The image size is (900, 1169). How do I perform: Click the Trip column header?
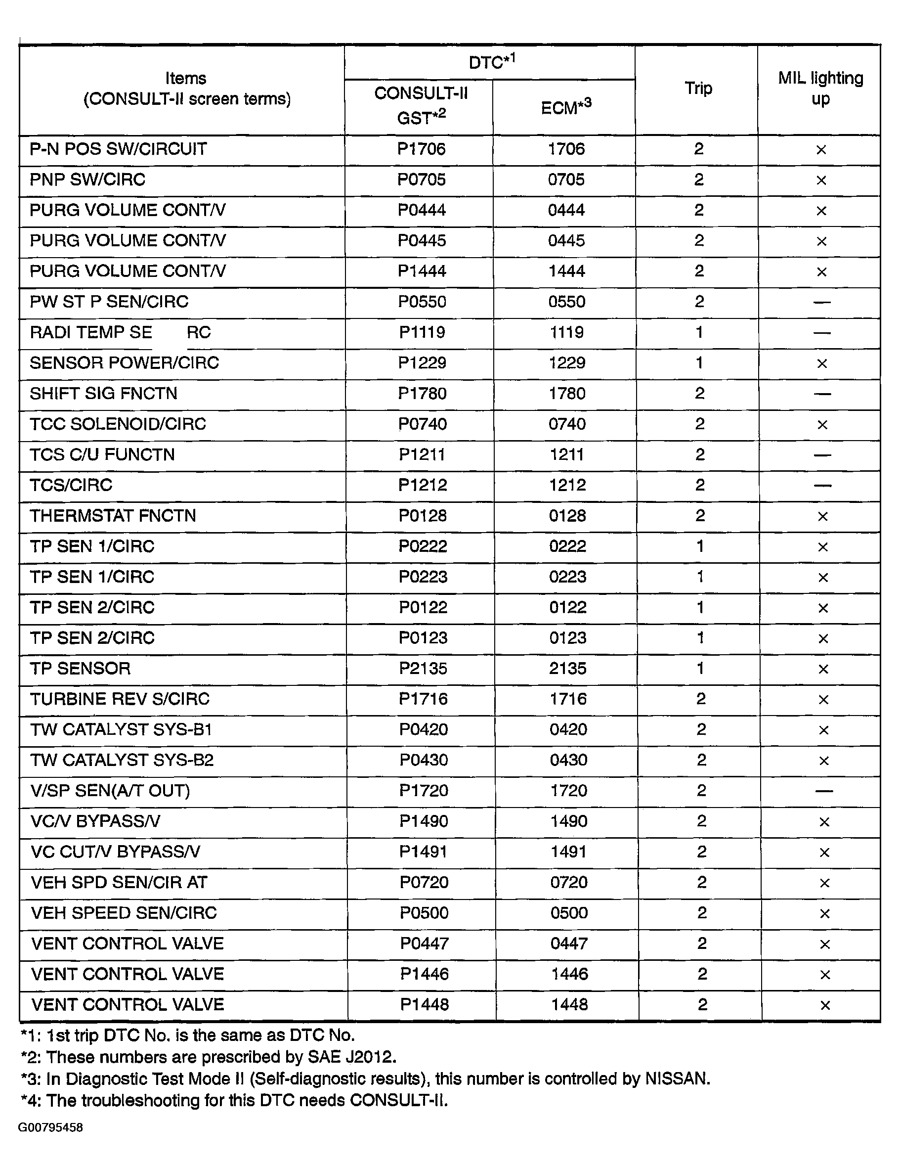coord(698,89)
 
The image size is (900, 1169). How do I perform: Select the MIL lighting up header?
coord(820,89)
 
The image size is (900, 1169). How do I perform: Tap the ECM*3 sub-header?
coord(566,107)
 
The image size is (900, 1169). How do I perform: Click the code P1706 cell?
coord(421,149)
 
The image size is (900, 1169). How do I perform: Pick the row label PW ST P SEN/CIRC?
coord(109,302)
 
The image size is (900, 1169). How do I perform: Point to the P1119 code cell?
coord(422,332)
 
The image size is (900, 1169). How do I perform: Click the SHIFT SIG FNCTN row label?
coord(103,394)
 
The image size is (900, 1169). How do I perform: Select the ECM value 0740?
coord(567,424)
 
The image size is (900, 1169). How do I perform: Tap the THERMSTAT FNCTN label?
coord(113,515)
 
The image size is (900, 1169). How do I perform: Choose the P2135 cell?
coord(423,668)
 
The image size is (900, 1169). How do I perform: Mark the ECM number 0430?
coord(568,760)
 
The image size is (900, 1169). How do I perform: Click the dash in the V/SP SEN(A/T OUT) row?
coord(824,791)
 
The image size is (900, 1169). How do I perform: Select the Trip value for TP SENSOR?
coord(700,668)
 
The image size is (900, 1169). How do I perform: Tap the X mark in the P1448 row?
coord(825,1005)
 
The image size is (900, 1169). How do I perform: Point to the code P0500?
coord(424,913)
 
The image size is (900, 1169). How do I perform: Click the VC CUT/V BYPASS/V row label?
coord(116,852)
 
